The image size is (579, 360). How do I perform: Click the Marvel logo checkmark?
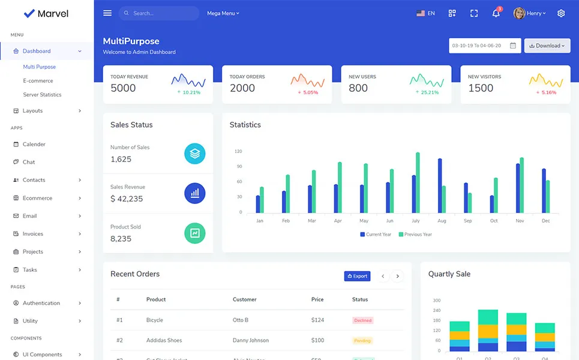(x=29, y=13)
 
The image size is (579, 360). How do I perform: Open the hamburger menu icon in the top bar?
(x=107, y=13)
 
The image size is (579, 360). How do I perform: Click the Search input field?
(x=162, y=13)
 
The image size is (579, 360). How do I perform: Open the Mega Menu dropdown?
(x=223, y=13)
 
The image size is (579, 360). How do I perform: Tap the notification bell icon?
(x=496, y=13)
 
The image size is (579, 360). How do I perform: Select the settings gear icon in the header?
(x=561, y=13)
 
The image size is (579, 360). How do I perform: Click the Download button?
(x=547, y=46)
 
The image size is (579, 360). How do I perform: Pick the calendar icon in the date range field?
(x=513, y=46)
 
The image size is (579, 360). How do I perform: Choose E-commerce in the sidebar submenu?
(x=38, y=81)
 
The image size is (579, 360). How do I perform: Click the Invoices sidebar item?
(x=33, y=234)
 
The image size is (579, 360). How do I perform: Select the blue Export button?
(x=357, y=276)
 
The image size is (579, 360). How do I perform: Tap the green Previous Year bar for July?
(x=418, y=182)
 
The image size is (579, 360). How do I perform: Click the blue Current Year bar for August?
(x=440, y=185)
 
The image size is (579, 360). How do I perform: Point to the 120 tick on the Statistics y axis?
(x=238, y=151)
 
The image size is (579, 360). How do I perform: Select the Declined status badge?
(x=362, y=320)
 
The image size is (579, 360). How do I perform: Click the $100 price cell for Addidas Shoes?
(x=317, y=340)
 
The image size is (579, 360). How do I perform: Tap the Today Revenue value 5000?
(x=123, y=88)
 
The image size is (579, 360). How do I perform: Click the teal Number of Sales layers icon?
(x=194, y=154)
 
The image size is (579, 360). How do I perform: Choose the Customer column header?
(x=244, y=299)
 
